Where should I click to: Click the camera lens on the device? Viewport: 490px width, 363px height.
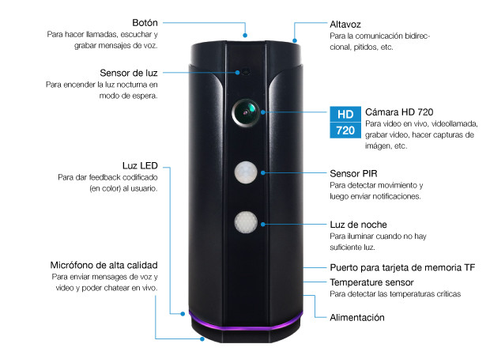point(246,113)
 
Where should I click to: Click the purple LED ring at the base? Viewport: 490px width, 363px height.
point(246,323)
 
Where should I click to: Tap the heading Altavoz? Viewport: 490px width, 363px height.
point(346,24)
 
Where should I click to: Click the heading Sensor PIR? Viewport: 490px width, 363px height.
point(352,172)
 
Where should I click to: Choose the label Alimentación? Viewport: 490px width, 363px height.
point(356,317)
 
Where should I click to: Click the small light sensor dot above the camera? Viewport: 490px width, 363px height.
point(244,72)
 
